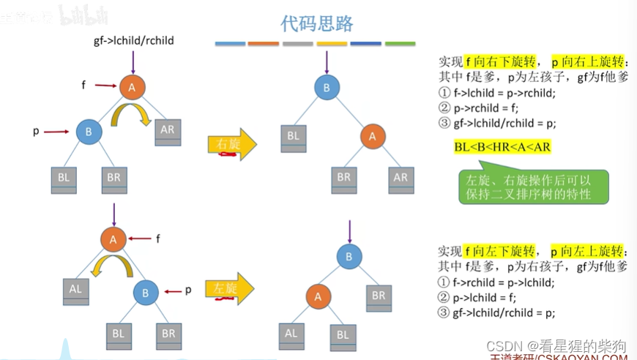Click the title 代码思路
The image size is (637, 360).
coord(317,23)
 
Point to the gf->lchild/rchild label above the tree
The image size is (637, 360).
coord(134,40)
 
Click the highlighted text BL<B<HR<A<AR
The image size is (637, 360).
coord(502,147)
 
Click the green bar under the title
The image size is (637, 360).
coord(400,44)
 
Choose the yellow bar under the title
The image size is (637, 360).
coord(332,44)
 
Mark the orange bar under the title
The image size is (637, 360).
coord(264,44)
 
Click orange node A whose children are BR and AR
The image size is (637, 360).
coord(372,135)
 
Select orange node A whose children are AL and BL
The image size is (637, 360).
coord(318,296)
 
